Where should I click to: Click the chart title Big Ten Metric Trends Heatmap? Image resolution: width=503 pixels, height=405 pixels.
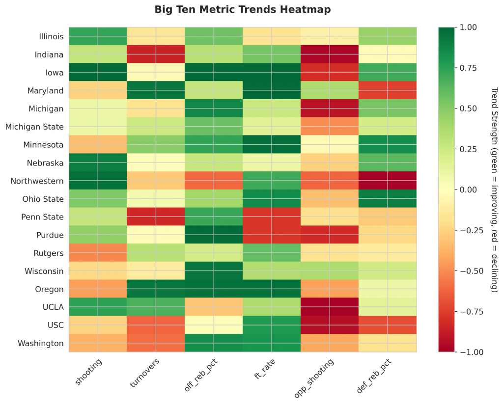tap(243, 9)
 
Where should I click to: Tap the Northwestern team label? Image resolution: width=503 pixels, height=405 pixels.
tap(37, 181)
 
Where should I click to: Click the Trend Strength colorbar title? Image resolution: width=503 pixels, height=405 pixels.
tap(494, 189)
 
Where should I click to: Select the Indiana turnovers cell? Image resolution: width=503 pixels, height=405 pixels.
tap(156, 54)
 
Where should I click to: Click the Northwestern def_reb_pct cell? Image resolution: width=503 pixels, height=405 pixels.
tap(388, 181)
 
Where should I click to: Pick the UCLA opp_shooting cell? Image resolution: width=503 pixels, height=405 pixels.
tap(330, 307)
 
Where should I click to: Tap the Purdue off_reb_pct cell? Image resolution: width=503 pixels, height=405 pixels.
tap(214, 235)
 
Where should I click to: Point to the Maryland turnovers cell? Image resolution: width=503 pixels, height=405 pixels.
tap(156, 91)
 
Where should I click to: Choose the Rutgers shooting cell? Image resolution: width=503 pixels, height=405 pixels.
tap(98, 253)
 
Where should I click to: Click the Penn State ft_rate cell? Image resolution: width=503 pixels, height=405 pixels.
tap(272, 217)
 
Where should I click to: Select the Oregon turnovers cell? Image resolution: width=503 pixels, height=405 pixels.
tap(156, 289)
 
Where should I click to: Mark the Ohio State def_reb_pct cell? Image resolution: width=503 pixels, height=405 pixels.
tap(388, 199)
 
